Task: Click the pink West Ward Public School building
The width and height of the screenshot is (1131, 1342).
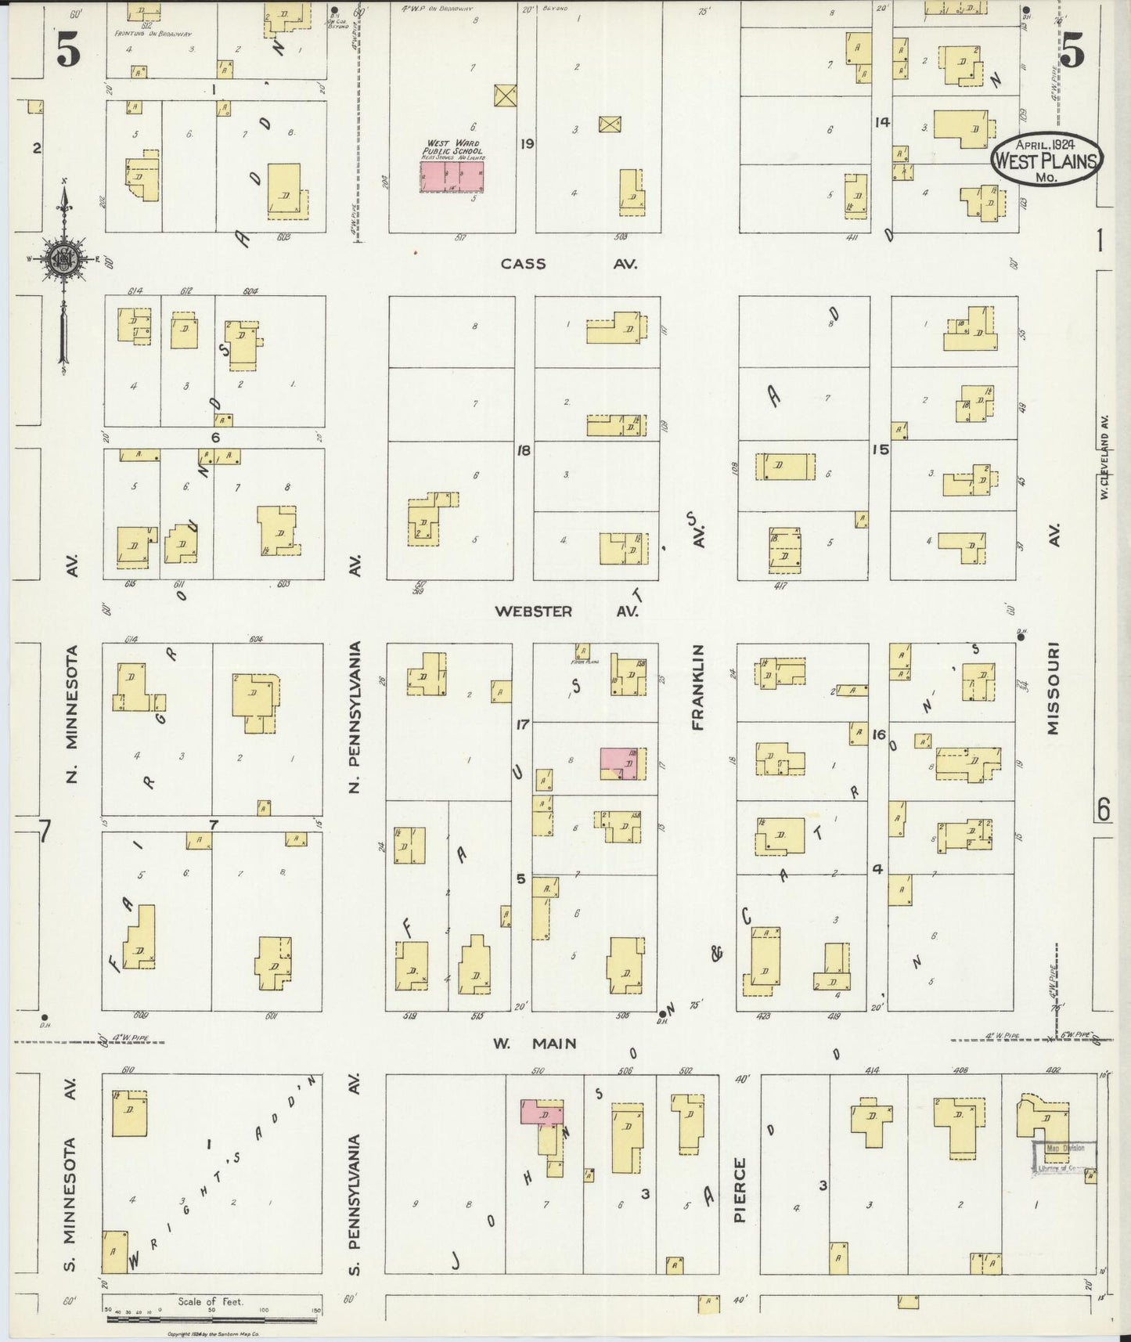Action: pos(452,176)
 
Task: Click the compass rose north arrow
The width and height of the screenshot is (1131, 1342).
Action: pos(63,262)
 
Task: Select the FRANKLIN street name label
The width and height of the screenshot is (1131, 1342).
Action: pos(698,687)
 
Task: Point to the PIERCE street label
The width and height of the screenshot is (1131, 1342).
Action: pos(740,1190)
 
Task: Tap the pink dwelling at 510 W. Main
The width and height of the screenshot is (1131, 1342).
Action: pos(539,1112)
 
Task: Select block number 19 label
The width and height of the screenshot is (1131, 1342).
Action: pos(526,143)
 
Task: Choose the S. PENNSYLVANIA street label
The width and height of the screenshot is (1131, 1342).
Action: pos(354,1203)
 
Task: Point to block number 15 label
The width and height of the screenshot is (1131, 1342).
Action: pos(881,449)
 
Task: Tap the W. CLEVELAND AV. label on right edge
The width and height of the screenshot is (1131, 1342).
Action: pos(1104,457)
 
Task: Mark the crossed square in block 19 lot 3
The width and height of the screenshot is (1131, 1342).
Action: pos(610,124)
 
